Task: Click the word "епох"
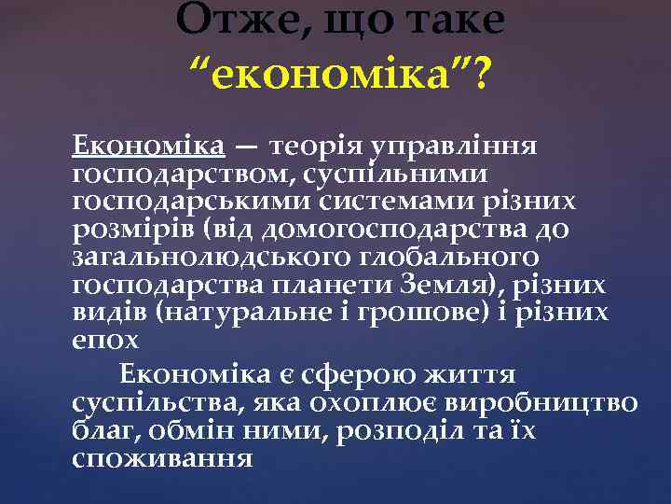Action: pos(105,339)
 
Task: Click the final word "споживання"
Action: pos(161,457)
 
